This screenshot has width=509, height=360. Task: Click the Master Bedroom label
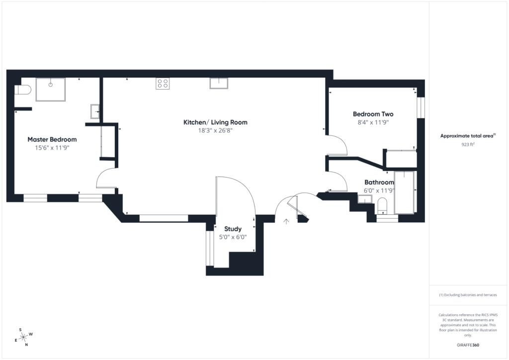[52, 140]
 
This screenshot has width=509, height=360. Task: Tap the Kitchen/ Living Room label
[215, 122]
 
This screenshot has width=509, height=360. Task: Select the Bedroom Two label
[373, 114]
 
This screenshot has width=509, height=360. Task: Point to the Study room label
[233, 229]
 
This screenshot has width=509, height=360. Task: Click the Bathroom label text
[379, 182]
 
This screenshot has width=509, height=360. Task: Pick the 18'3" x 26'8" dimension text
[215, 130]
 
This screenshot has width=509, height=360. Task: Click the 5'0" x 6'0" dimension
[233, 237]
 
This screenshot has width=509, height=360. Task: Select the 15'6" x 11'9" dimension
[52, 148]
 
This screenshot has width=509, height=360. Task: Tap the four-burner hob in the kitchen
[163, 84]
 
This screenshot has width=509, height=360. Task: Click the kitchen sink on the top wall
[219, 83]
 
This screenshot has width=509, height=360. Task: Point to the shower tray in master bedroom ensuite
[50, 90]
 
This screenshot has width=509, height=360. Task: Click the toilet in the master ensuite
[22, 90]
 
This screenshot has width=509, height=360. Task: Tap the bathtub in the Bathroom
[404, 192]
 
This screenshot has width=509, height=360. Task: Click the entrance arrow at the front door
[286, 222]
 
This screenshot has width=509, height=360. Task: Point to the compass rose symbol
[23, 337]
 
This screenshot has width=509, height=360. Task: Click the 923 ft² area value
[468, 145]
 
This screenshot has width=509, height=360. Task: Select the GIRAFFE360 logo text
[468, 345]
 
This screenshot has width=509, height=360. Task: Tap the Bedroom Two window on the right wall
[421, 107]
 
